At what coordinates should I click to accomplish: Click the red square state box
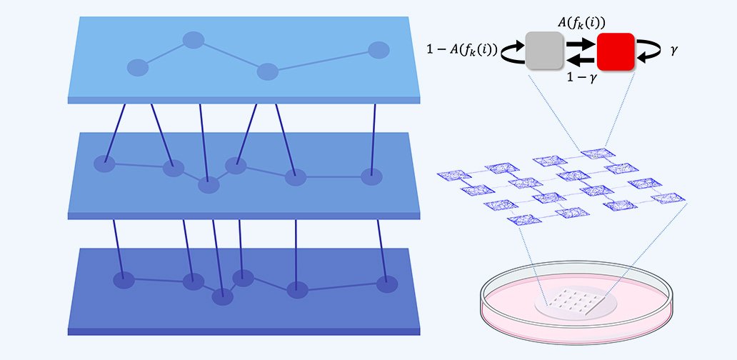[x=616, y=51]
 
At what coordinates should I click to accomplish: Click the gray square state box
[x=544, y=51]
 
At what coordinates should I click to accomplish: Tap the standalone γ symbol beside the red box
[x=674, y=50]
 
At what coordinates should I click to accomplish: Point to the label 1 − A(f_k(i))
[x=462, y=50]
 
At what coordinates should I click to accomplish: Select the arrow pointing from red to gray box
[x=581, y=60]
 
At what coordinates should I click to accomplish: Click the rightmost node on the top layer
[x=378, y=50]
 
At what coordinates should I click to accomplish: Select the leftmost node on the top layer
[x=138, y=68]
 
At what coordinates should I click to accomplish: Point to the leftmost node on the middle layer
[x=104, y=164]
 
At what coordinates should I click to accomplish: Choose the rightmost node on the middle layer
[x=371, y=176]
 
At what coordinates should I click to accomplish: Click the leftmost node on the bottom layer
[x=124, y=280]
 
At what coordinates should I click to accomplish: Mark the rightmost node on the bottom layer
[x=387, y=284]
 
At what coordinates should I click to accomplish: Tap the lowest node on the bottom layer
[x=222, y=296]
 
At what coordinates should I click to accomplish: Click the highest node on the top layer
[x=194, y=40]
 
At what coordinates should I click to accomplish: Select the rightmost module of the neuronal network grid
[x=668, y=198]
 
